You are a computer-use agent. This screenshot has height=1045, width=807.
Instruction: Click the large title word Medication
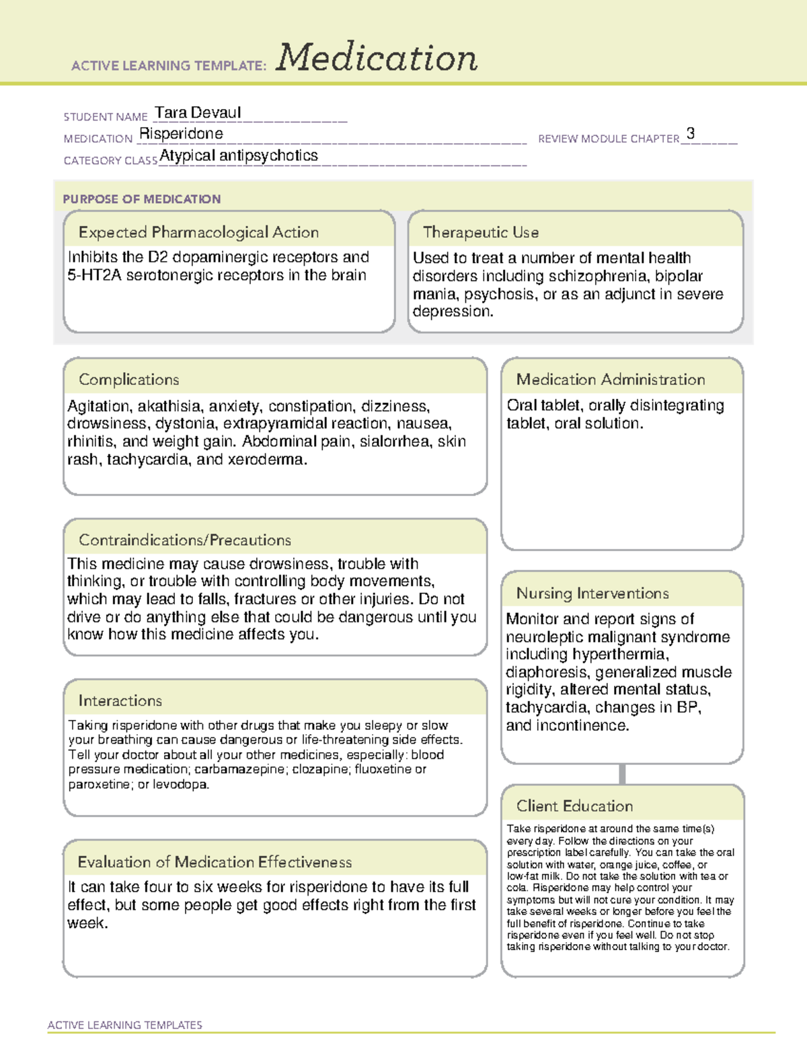pyautogui.click(x=377, y=58)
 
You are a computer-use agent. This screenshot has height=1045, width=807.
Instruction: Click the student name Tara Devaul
pyautogui.click(x=198, y=113)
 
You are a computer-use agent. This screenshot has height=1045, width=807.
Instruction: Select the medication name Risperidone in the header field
pyautogui.click(x=181, y=134)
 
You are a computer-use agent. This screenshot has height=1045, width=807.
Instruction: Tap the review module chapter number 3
pyautogui.click(x=691, y=133)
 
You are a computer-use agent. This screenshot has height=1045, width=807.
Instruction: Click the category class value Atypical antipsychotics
pyautogui.click(x=239, y=156)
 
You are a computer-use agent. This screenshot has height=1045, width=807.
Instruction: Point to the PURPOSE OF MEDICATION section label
pyautogui.click(x=142, y=199)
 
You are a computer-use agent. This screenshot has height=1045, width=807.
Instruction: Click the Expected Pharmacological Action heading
pyautogui.click(x=198, y=233)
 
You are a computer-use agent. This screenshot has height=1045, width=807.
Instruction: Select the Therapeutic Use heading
pyautogui.click(x=480, y=233)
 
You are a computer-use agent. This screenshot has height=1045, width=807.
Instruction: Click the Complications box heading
pyautogui.click(x=129, y=380)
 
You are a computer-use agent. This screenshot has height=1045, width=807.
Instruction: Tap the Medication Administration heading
pyautogui.click(x=611, y=380)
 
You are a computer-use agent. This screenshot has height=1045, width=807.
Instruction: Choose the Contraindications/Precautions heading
pyautogui.click(x=185, y=540)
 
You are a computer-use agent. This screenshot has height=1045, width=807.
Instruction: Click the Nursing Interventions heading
pyautogui.click(x=592, y=593)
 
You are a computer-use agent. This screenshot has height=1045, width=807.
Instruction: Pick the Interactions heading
pyautogui.click(x=120, y=701)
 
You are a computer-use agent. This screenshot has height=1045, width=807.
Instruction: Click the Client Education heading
pyautogui.click(x=574, y=806)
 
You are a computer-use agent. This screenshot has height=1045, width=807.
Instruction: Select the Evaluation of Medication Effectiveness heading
pyautogui.click(x=215, y=863)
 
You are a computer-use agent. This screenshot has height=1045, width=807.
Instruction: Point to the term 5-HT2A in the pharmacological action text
pyautogui.click(x=94, y=275)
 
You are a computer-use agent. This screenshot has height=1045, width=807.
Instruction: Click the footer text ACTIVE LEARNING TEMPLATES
pyautogui.click(x=125, y=1025)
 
